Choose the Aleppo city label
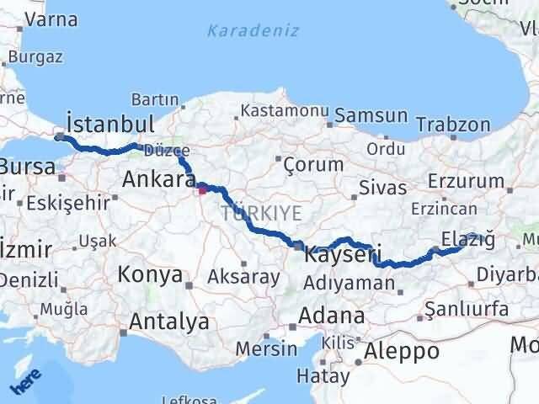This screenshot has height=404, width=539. coord(403,351)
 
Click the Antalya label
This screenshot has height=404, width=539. coord(170,321)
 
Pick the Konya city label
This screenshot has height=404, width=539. coord(150,274)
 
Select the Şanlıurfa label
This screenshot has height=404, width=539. coord(467,310)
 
